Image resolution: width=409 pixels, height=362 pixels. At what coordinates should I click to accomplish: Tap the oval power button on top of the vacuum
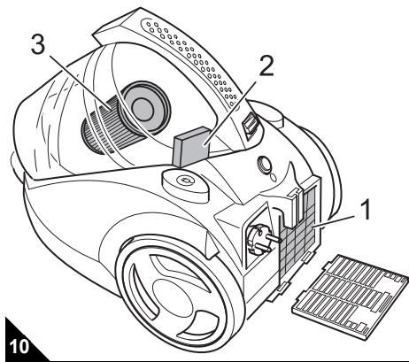pos(183,181)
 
